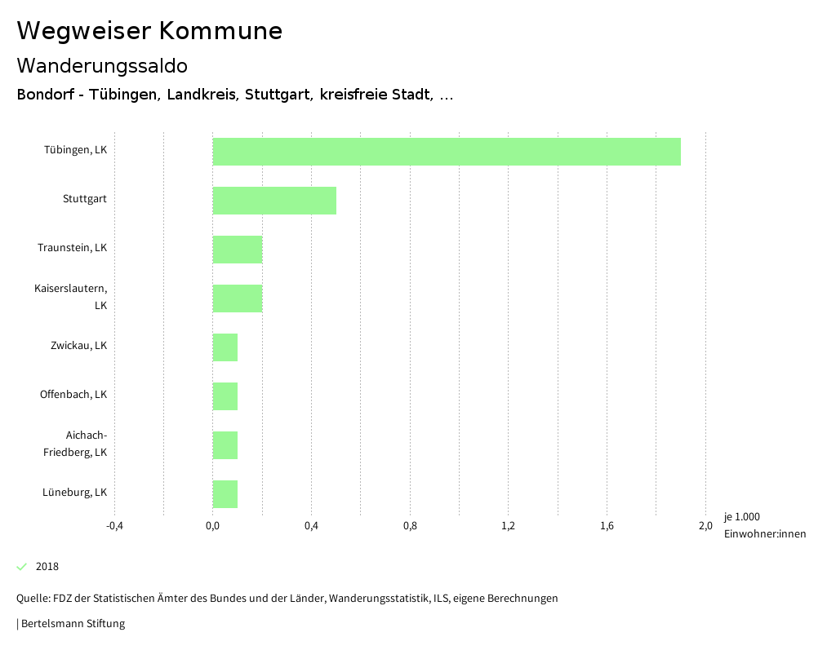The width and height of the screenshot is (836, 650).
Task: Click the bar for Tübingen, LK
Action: tap(447, 152)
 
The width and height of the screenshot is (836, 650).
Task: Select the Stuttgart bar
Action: tap(274, 201)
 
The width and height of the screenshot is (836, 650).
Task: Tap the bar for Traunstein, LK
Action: tap(238, 250)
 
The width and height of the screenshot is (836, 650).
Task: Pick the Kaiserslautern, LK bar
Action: tap(238, 298)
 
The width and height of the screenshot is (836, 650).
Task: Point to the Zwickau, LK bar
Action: tap(225, 347)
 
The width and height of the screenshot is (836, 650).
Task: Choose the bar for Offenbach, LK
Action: tap(225, 396)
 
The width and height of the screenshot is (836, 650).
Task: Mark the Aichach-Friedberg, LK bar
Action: tap(225, 445)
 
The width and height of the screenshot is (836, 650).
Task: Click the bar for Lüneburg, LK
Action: tap(225, 494)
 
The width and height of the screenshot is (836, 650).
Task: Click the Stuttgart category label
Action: tap(85, 199)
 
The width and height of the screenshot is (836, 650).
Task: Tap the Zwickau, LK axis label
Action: tap(78, 346)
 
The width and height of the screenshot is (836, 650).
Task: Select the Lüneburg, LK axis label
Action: tap(74, 493)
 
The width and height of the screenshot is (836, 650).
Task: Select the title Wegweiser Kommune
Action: tap(149, 31)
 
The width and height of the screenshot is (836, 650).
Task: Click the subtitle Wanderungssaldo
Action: tap(102, 65)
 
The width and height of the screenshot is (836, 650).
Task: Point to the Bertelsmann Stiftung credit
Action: tap(72, 624)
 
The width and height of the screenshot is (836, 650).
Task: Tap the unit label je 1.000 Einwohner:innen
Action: tap(764, 525)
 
